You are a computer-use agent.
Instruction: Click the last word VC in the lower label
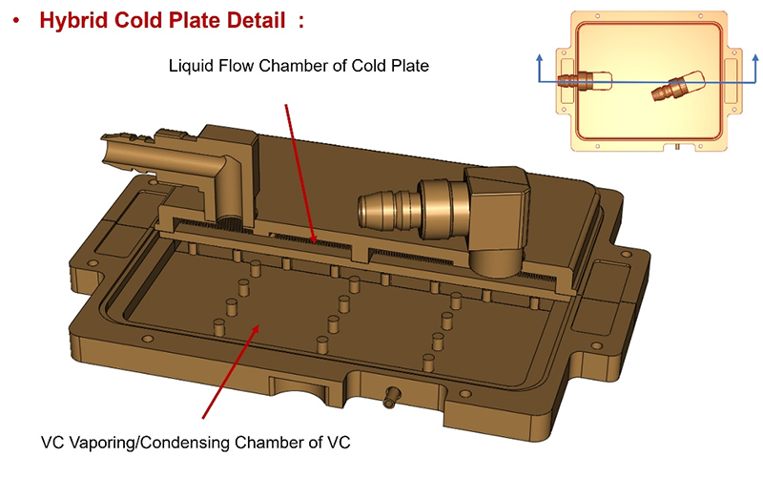(x=342, y=443)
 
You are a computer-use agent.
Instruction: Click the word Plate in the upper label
(x=409, y=67)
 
